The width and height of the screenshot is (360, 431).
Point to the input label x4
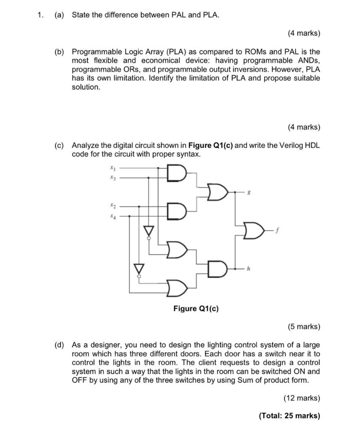coord(112,216)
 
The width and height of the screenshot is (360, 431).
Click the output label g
coord(250,192)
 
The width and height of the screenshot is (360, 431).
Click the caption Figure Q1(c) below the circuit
coord(196,309)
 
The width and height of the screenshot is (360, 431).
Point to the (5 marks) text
coord(304,327)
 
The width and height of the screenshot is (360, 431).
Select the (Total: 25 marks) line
coord(289,416)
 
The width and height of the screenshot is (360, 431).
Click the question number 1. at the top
coord(40,15)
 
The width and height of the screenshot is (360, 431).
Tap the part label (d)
coord(59,345)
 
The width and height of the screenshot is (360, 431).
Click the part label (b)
coord(59,52)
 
